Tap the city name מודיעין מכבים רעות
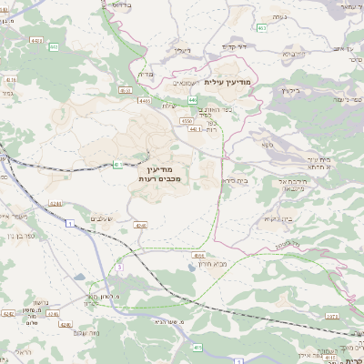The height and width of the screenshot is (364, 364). tap(166, 173)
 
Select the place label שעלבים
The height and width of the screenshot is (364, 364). tap(102, 218)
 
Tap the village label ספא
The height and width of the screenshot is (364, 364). tap(267, 145)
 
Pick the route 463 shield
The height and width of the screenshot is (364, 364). tap(261, 28)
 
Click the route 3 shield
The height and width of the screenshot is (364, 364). tap(119, 267)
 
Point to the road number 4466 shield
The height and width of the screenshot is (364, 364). tap(198, 256)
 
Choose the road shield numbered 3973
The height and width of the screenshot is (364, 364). tap(331, 316)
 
